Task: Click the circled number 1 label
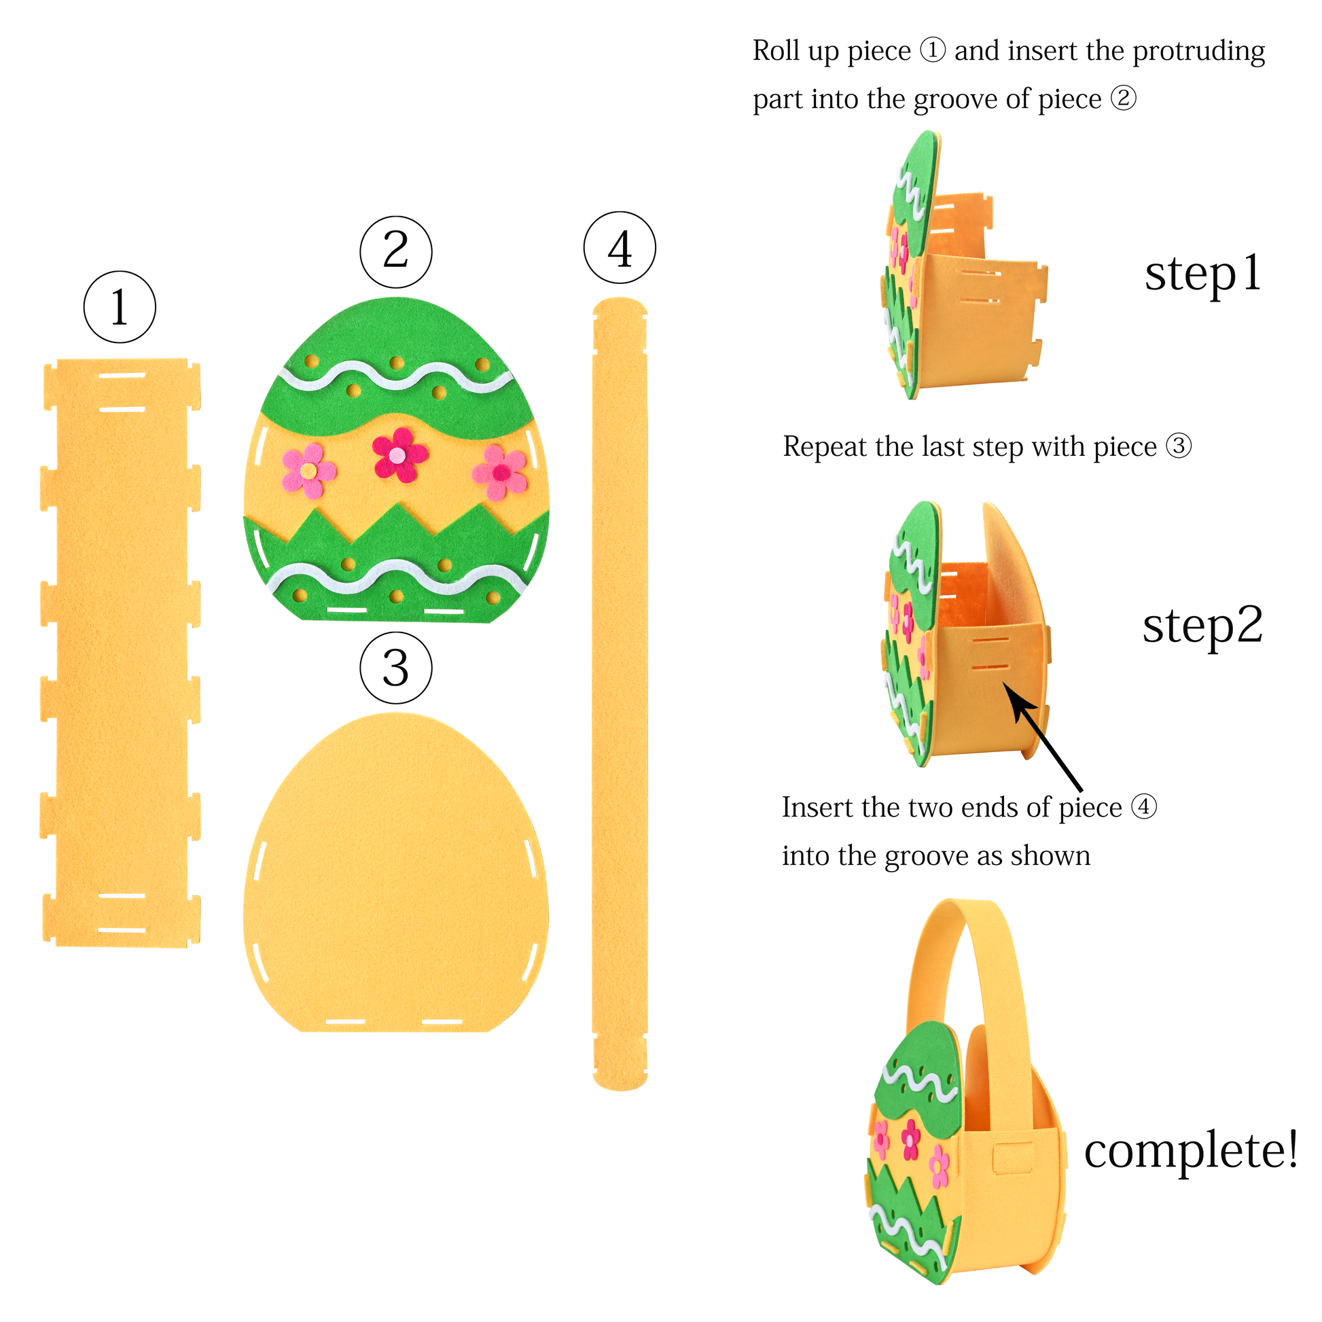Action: pos(120,306)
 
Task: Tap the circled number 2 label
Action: pos(396,251)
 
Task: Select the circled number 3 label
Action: pos(396,668)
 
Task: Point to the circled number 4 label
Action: pos(620,248)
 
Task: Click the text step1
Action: pos(1203,274)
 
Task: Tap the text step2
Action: pos(1202,626)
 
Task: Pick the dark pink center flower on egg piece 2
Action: pos(399,454)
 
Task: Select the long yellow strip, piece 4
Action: pos(620,692)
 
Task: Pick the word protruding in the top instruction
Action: pos(1199,52)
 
